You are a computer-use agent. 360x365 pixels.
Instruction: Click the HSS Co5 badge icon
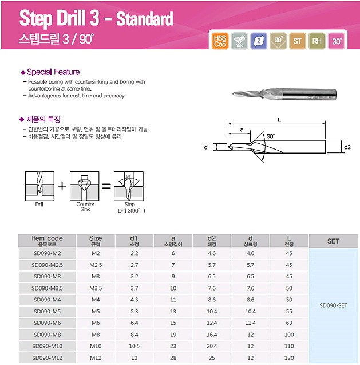(x=220, y=41)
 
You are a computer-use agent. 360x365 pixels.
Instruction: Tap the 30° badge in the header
(x=337, y=41)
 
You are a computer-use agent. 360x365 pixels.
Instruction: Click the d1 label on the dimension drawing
(x=207, y=147)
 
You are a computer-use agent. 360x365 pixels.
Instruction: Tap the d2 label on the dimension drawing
(x=347, y=147)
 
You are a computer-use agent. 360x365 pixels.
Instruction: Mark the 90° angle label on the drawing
(x=271, y=136)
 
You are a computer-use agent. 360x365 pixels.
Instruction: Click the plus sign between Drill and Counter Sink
(x=62, y=186)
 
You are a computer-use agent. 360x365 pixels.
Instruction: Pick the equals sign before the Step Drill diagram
(x=106, y=186)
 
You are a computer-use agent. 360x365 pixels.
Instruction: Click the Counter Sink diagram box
(x=85, y=186)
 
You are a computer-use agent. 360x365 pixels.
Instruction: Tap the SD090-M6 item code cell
(x=47, y=323)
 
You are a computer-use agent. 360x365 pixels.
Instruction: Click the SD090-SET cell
(x=333, y=305)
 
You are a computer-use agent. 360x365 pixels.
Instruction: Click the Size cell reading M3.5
(x=96, y=288)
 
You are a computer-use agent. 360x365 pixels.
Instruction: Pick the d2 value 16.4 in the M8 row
(x=212, y=335)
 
